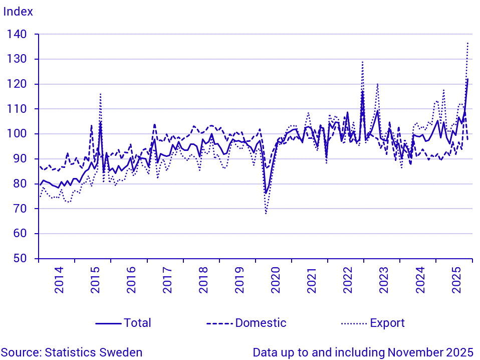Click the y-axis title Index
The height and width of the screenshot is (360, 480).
coord(18,12)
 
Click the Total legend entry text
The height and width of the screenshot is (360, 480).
coord(137,323)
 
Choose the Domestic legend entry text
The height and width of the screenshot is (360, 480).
coord(261,323)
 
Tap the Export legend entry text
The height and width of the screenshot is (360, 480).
coord(387,323)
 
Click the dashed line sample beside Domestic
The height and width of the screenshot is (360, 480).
coord(219,323)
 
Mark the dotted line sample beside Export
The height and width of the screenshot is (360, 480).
coord(354,323)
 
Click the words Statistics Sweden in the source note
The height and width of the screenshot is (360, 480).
coord(94,352)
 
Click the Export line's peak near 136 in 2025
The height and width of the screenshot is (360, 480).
coord(467,43)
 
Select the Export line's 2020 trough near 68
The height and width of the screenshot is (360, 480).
coord(266,214)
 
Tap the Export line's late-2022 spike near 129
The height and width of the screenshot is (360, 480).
coord(362,62)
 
